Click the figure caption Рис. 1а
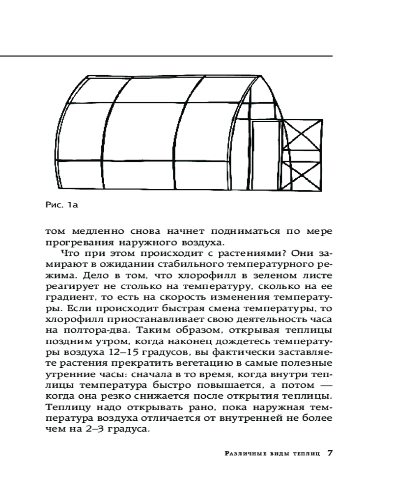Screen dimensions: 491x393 point(61,205)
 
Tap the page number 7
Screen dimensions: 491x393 point(330,452)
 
